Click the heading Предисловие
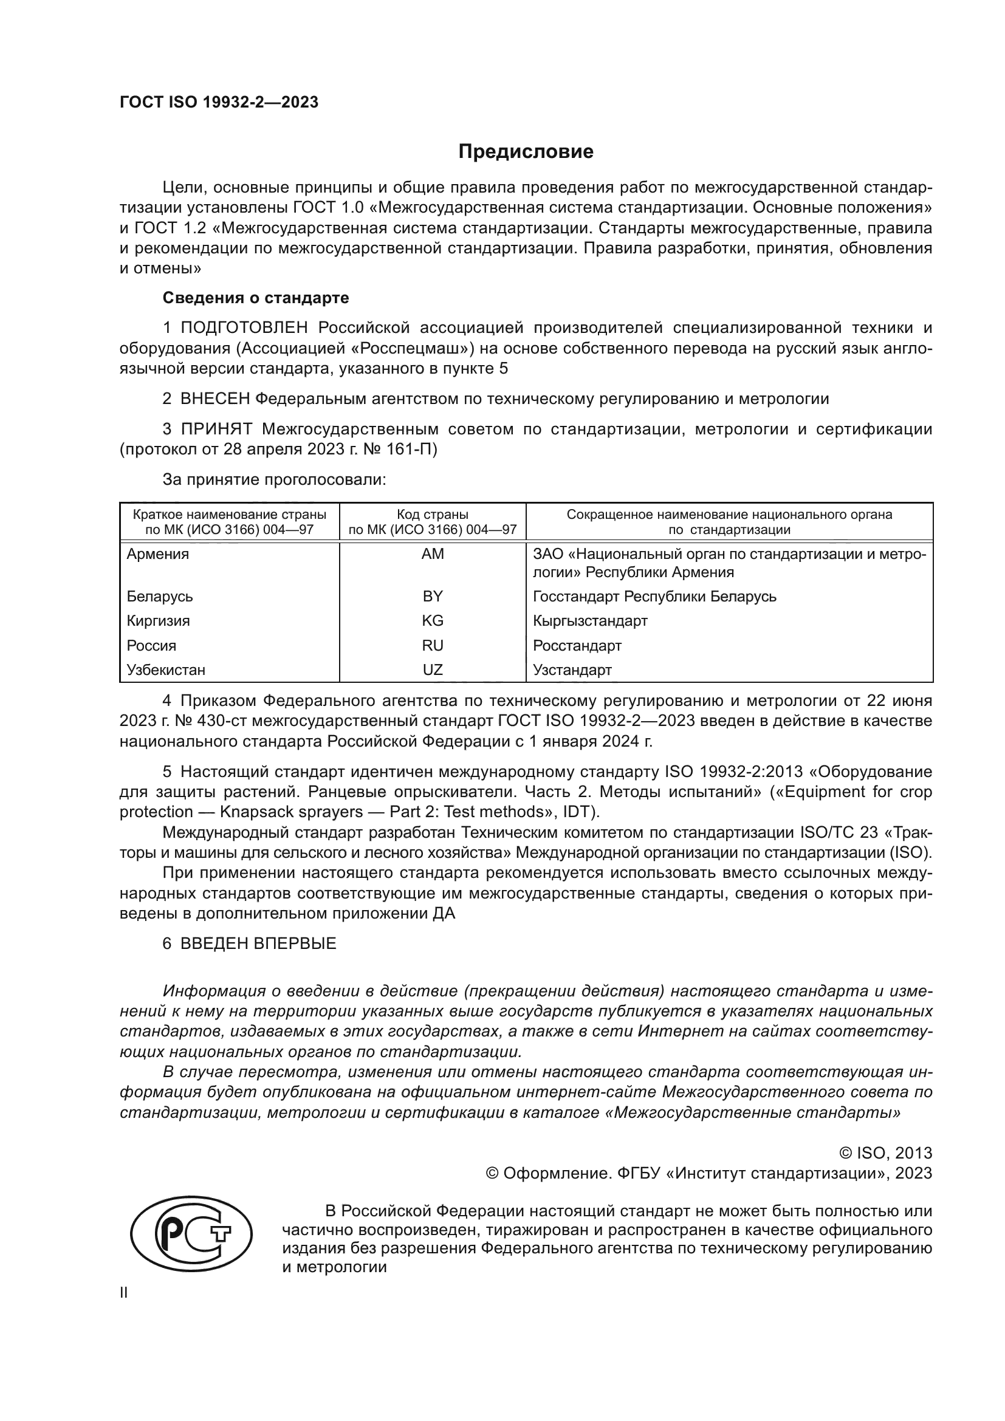526,152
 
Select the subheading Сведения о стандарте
256,298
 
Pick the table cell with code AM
433,554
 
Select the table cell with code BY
433,596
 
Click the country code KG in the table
433,621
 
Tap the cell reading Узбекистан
166,669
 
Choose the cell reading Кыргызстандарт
590,621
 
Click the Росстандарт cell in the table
577,646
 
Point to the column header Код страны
433,515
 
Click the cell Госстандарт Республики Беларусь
654,596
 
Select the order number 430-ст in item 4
217,721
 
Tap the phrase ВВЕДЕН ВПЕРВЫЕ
258,943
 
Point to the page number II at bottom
124,1292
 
